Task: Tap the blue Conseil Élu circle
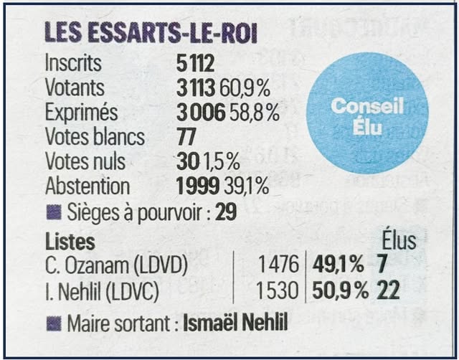tap(367, 118)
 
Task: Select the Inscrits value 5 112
tap(196, 64)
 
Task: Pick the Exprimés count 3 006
tap(202, 113)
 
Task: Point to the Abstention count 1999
tap(198, 186)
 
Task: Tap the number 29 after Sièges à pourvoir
tap(227, 213)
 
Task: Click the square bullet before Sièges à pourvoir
tap(52, 213)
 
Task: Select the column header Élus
tap(399, 240)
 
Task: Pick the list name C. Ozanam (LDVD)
tap(116, 265)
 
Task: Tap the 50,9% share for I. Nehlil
tap(340, 291)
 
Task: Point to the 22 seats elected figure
tap(389, 291)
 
